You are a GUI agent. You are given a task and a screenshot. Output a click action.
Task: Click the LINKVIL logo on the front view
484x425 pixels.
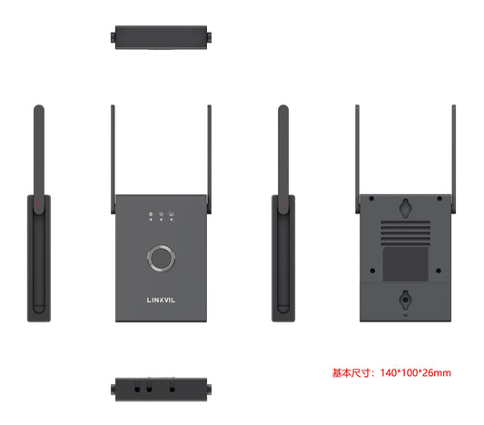coord(161,300)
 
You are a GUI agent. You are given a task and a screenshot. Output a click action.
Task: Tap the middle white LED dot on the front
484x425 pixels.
coord(161,220)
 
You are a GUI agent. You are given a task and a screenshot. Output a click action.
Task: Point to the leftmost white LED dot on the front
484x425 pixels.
coord(151,220)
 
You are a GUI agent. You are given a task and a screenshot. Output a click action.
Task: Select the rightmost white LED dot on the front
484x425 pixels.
coord(172,220)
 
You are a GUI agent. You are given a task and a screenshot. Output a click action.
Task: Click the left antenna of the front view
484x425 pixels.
coord(113,159)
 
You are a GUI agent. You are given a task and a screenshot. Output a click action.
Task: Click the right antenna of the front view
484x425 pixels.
coord(209,159)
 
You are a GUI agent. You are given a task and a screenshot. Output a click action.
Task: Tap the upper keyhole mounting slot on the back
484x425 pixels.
coord(405,208)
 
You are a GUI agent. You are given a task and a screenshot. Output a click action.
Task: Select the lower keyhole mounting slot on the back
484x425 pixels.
coord(405,299)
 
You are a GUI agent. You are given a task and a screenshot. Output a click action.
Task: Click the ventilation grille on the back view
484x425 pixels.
coord(405,232)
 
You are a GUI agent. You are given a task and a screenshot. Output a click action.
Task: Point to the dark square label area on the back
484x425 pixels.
coord(405,264)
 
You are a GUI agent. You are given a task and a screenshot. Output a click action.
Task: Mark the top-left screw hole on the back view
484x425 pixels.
coord(371,199)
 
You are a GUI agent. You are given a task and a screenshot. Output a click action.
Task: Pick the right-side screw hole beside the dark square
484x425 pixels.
coord(439,271)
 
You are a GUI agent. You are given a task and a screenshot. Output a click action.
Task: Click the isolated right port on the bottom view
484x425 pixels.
coord(173,390)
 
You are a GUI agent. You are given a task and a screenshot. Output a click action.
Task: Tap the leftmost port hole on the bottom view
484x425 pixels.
coord(137,390)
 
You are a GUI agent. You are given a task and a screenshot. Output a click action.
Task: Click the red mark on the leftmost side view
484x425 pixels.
coord(39,203)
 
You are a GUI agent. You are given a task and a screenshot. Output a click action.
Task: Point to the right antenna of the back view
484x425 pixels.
coord(454,159)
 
